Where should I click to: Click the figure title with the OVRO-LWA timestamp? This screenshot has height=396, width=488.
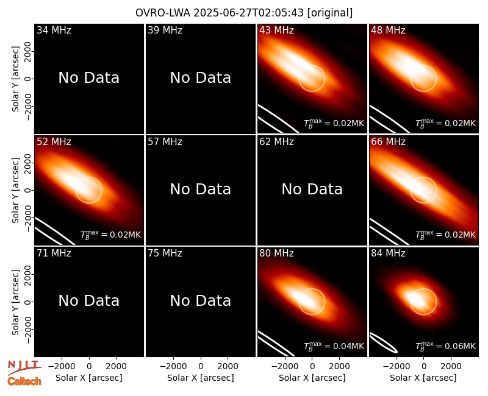[x=244, y=13]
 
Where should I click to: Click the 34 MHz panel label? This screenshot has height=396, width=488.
[x=54, y=30]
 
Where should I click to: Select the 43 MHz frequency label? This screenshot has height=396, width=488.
[x=277, y=30]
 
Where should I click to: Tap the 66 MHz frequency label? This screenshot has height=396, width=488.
[x=388, y=142]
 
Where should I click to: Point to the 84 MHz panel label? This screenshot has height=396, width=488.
[x=388, y=253]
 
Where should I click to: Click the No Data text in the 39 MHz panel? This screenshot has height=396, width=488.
[x=201, y=78]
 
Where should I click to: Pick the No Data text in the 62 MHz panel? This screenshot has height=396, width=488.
[x=312, y=189]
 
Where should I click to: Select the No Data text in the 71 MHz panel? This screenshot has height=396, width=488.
[x=89, y=301]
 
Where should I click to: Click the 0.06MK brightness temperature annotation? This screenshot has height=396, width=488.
[x=446, y=346]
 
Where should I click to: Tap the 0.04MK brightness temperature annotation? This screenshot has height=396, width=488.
[x=334, y=346]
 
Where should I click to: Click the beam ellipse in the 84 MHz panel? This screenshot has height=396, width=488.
[x=383, y=343]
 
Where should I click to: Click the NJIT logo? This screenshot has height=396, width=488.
[x=24, y=367]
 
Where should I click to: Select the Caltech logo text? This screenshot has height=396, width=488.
[x=24, y=381]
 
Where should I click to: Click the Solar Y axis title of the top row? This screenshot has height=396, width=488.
[x=15, y=79]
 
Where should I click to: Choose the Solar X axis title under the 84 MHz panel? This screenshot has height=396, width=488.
[x=423, y=378]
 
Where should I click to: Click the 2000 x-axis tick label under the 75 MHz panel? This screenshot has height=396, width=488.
[x=228, y=366]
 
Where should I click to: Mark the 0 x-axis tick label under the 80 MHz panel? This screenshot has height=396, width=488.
[x=312, y=366]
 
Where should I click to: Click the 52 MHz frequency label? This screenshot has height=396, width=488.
[x=54, y=142]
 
